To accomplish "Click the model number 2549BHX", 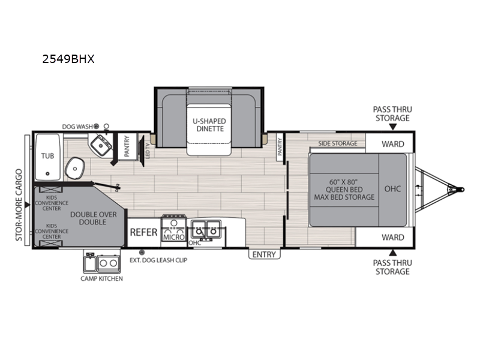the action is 68,59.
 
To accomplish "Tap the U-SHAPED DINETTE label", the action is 209,125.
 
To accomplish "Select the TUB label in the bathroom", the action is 47,156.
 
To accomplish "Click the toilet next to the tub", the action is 74,168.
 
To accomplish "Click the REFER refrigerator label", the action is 143,232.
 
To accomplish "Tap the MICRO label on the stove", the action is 174,237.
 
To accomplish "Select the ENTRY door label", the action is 264,254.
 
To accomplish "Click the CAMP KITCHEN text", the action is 101,278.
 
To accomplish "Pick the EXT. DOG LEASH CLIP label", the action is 158,260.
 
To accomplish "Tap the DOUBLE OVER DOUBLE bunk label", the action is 94,218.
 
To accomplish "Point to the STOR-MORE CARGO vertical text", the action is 19,205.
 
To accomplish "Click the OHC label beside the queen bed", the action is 393,189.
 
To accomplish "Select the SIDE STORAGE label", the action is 338,143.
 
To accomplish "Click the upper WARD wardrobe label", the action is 393,144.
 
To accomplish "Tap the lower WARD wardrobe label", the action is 393,237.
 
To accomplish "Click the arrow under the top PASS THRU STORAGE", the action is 393,127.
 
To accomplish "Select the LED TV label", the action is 148,151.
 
